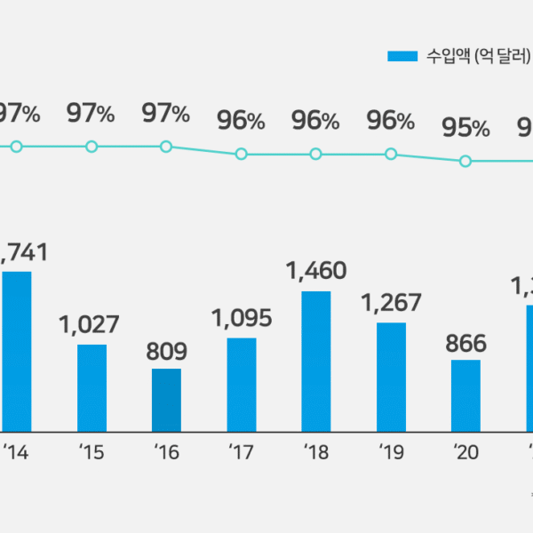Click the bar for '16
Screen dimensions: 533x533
pos(166,400)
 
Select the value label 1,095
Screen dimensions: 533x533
pos(242,318)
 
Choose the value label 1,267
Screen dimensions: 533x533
pos(391,303)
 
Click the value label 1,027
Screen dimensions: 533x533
pos(91,325)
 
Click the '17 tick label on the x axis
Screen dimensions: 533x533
pos(241,453)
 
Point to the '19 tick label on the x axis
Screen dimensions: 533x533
pos(391,453)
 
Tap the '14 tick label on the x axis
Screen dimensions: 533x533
pos(16,453)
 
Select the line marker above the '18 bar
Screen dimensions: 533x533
pos(316,154)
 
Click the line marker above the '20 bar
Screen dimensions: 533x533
pos(465,161)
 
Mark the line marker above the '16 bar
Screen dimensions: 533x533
pos(166,146)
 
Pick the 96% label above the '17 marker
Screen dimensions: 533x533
pos(241,121)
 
